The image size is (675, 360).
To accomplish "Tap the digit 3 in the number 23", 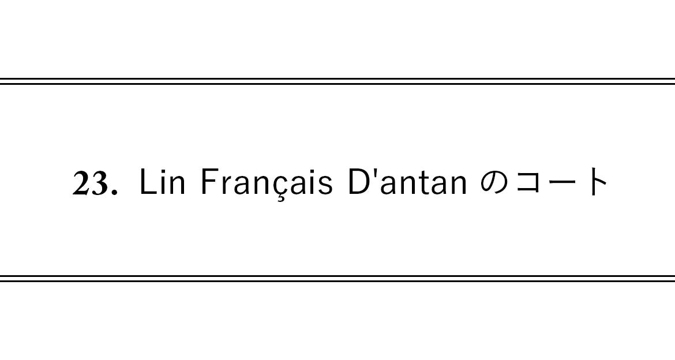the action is [99, 183].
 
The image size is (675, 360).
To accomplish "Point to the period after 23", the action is [114, 192].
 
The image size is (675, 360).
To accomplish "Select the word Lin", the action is [163, 182].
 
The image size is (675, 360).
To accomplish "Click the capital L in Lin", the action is [148, 182].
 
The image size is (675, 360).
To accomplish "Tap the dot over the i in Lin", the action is [162, 171].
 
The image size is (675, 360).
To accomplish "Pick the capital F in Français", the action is [208, 182].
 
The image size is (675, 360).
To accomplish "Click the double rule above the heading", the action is [337, 81].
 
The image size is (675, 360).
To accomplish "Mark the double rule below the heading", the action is [337, 279].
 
